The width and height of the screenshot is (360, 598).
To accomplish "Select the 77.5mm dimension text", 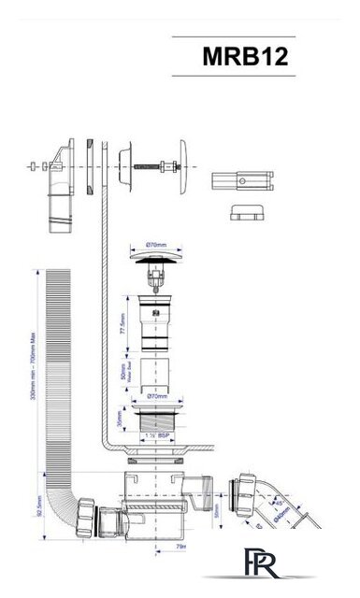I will point(123,327).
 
